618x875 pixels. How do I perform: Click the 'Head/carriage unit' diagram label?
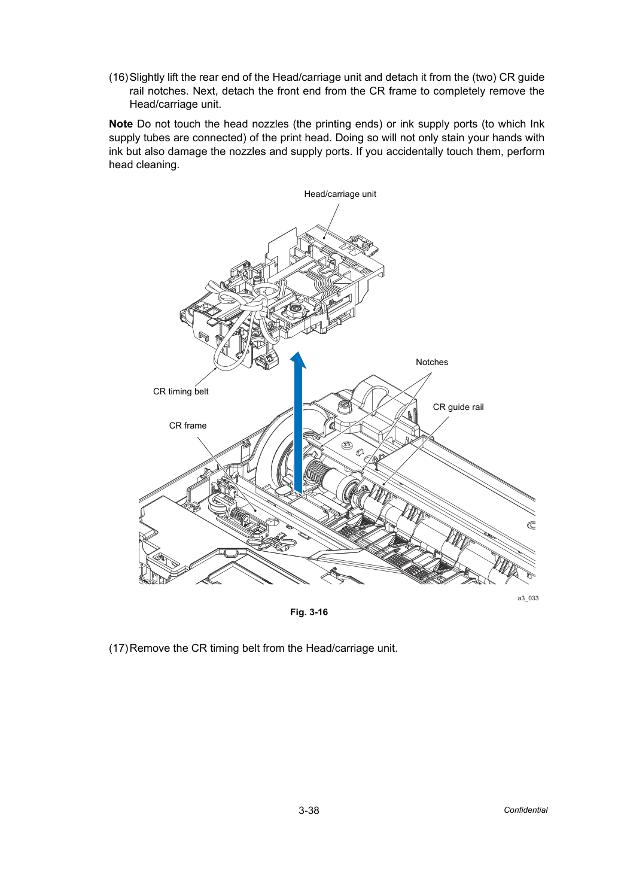(340, 194)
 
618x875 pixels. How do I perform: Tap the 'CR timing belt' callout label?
(181, 391)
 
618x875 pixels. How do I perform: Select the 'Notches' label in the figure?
(432, 362)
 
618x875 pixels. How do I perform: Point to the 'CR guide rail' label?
(458, 407)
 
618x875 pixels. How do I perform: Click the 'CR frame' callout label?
(188, 426)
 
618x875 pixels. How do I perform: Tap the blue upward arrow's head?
(299, 360)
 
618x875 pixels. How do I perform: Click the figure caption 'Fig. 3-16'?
(309, 612)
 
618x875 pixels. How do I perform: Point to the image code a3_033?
(528, 598)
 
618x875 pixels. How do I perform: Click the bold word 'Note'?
(121, 124)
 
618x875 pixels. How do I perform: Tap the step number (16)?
(118, 77)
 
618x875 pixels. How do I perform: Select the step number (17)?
(118, 648)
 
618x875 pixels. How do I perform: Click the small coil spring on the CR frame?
(239, 517)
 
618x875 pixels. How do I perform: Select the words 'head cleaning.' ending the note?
(144, 165)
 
